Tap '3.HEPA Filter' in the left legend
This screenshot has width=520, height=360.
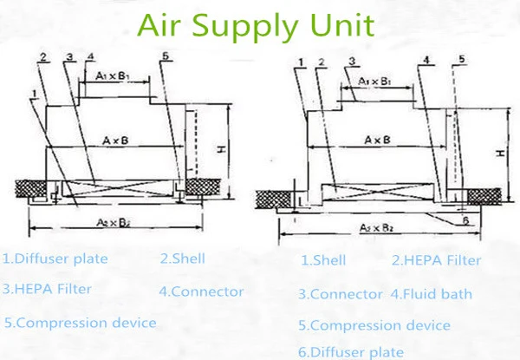coord(47,288)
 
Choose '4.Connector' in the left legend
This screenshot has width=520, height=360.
coord(201,291)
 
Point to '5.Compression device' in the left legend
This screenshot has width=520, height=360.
coord(80,323)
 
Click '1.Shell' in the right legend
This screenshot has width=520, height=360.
coord(323,260)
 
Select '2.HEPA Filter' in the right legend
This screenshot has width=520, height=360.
coord(436,260)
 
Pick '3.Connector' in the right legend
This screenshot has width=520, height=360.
coord(340,294)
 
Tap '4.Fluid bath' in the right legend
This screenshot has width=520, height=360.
coord(431,294)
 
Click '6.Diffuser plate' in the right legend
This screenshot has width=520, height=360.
coord(351,351)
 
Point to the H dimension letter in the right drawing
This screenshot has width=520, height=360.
coord(501,153)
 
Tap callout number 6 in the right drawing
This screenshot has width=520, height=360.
coord(467,220)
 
